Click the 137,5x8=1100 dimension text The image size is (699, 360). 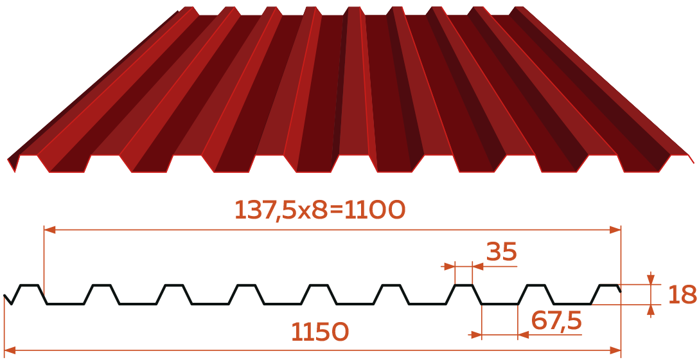[x=320, y=210]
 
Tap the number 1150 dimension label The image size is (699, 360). [x=320, y=332]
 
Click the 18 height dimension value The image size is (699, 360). [x=682, y=294]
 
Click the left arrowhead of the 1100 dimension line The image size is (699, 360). [x=49, y=230]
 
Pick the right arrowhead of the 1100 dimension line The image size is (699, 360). [x=615, y=230]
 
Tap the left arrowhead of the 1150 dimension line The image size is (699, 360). [x=10, y=350]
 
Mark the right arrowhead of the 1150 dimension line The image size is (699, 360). [x=615, y=350]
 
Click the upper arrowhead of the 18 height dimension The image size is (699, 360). [x=651, y=279]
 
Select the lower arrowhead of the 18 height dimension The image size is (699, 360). [x=651, y=310]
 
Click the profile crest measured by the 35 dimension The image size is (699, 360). [x=464, y=285]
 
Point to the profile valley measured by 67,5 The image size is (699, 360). [x=500, y=304]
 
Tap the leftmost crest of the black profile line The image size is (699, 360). [x=29, y=285]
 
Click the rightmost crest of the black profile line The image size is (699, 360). [x=609, y=285]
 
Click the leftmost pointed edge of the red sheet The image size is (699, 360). [x=8, y=159]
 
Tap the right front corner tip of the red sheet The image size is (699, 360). [x=693, y=163]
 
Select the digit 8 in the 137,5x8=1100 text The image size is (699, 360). [x=319, y=210]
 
